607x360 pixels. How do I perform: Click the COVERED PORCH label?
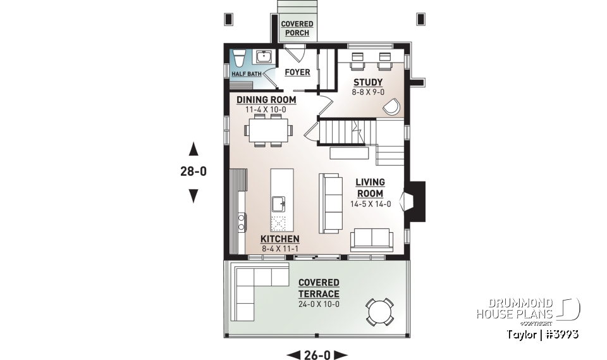(x=297, y=28)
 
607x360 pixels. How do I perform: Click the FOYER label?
(x=297, y=72)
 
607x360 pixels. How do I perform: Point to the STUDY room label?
(x=367, y=82)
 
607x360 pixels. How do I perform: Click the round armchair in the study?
(x=392, y=106)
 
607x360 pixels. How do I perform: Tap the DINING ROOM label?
(x=266, y=100)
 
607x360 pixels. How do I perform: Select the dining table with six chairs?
(x=268, y=130)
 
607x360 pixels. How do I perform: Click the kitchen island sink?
(x=278, y=204)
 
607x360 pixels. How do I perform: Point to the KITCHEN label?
(x=280, y=239)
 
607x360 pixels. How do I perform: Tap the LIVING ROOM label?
(x=370, y=188)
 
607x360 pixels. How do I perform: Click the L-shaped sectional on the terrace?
(x=250, y=289)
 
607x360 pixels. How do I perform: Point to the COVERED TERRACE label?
(x=319, y=288)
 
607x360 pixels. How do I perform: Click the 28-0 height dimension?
(x=193, y=171)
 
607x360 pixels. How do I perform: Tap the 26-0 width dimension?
(x=317, y=354)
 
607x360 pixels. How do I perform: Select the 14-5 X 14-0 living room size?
(x=371, y=204)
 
